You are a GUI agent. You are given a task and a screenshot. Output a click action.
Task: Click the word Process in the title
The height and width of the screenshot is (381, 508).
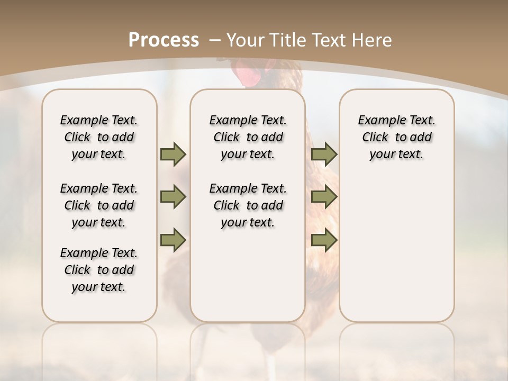coord(164,40)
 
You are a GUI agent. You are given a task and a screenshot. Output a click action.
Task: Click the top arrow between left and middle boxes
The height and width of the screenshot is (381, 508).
coord(173,155)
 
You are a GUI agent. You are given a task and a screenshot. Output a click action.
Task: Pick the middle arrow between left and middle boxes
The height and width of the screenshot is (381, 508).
coord(173,197)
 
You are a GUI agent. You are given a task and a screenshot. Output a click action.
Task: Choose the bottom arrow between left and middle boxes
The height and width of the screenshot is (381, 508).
coord(173,240)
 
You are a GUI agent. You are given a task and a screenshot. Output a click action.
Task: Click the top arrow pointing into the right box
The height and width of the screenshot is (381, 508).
coord(324,155)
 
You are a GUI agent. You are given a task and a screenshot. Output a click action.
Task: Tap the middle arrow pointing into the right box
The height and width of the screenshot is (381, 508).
coord(324,197)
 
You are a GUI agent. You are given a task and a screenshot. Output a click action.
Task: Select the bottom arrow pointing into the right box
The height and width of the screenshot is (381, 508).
coord(324,240)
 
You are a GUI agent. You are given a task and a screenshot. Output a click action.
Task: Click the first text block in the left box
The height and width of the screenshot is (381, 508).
coord(99,137)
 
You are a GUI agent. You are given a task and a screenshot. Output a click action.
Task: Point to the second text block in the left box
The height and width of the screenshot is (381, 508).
coord(99,205)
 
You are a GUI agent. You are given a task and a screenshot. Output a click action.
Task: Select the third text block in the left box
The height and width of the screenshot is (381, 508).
coord(99,270)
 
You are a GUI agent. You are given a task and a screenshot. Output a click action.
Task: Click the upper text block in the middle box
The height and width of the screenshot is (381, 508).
coord(248,137)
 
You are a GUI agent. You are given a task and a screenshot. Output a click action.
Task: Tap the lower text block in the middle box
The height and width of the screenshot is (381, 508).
coord(248,205)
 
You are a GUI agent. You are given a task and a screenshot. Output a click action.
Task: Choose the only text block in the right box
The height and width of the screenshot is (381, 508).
coord(396,137)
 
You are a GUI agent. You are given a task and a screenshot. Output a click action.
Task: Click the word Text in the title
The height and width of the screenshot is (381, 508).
coord(326,40)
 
